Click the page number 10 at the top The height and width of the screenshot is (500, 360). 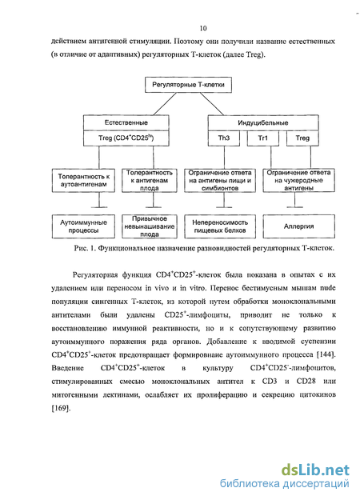[x=203, y=28]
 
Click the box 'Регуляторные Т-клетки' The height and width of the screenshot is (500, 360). [x=188, y=85]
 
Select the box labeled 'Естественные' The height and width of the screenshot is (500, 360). [x=126, y=122]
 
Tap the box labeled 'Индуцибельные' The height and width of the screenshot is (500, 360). [x=263, y=122]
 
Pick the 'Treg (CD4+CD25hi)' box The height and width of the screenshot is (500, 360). [x=126, y=138]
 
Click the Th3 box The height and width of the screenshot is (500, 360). [x=224, y=138]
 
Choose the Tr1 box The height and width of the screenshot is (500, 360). [x=263, y=138]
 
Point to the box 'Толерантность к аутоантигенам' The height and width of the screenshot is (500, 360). [x=83, y=181]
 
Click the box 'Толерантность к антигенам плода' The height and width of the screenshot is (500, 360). [x=150, y=181]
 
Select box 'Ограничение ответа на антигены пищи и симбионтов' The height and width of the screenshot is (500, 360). [x=220, y=181]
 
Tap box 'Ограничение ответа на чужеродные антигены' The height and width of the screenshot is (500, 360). [x=298, y=181]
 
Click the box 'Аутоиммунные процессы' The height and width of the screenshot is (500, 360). [x=83, y=226]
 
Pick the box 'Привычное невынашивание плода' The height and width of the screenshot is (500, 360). [x=150, y=226]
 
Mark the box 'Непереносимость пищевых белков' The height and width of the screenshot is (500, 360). [x=220, y=226]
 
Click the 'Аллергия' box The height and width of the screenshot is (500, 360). [x=298, y=226]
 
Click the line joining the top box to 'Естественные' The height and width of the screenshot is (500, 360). [x=165, y=104]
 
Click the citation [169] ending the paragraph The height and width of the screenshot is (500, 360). [x=61, y=408]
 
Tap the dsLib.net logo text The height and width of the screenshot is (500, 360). [x=315, y=470]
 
